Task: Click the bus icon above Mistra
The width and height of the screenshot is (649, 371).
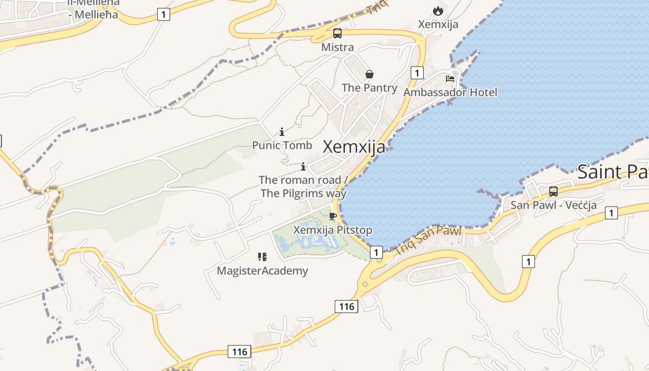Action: tap(337, 33)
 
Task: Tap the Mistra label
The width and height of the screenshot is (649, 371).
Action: tap(337, 47)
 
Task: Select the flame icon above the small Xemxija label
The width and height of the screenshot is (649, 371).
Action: tap(438, 11)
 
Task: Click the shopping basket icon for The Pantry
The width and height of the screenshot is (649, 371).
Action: tap(369, 74)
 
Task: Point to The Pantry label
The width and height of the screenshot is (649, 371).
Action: tap(369, 88)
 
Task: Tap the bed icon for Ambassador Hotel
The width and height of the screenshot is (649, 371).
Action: tap(450, 79)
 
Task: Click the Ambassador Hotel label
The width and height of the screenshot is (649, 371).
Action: tap(450, 92)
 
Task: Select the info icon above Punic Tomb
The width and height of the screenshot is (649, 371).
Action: tap(282, 132)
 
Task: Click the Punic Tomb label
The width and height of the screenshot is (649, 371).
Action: tap(282, 146)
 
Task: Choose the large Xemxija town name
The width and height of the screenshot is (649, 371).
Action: tap(354, 147)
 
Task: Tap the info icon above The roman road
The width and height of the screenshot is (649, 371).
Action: tap(303, 166)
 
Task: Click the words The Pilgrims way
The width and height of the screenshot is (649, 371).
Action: tap(304, 193)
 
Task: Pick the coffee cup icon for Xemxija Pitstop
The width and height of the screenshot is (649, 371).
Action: tap(332, 216)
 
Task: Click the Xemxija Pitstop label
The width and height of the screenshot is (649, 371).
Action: tap(332, 230)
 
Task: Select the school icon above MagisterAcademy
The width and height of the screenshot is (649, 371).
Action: tap(262, 256)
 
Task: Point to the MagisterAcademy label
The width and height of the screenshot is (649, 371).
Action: tap(262, 271)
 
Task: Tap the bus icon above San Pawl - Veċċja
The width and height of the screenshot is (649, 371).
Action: tap(554, 191)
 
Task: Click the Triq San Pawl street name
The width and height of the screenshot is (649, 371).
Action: tap(428, 240)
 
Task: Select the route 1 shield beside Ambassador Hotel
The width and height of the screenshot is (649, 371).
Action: tap(417, 73)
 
